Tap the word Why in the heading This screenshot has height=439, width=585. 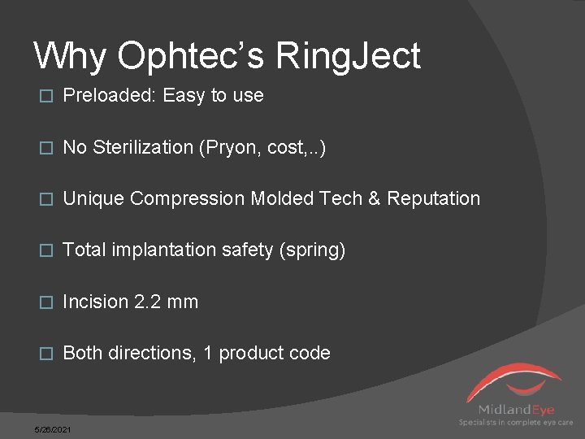tap(70, 56)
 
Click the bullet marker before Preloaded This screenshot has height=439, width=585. tap(45, 96)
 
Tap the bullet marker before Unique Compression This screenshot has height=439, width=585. tap(45, 199)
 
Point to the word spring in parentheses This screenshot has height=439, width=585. tap(312, 250)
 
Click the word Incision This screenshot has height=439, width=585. tap(95, 302)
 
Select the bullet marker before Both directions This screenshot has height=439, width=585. tap(45, 354)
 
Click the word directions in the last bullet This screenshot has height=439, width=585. tap(152, 354)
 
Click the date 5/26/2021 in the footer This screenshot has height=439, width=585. tap(52, 428)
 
